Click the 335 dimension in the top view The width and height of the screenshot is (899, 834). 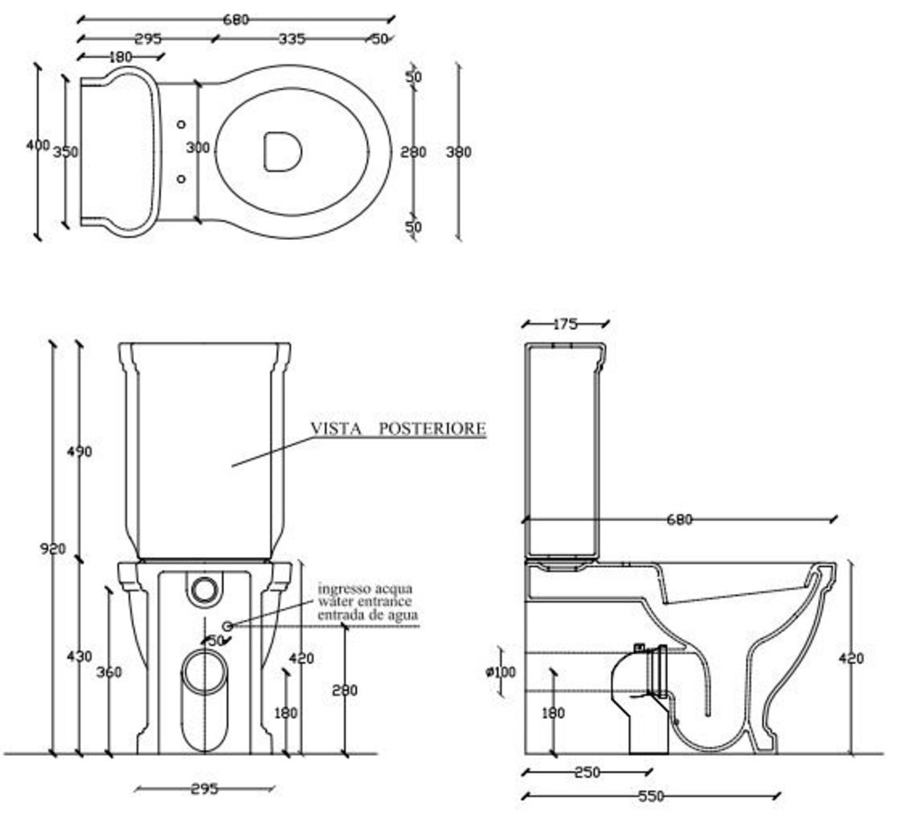tap(292, 39)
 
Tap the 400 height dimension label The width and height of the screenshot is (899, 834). tap(38, 146)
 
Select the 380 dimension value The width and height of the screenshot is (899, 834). tap(458, 152)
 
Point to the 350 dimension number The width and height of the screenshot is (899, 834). tap(66, 152)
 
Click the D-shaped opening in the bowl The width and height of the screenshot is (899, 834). tap(282, 150)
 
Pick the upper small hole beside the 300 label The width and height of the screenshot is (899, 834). tap(182, 123)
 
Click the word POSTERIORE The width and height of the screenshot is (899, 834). tap(432, 429)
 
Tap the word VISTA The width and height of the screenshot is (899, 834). tap(336, 429)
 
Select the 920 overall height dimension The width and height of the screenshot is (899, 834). tap(53, 548)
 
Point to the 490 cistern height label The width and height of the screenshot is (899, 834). tap(79, 451)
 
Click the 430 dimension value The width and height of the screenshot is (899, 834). tap(79, 657)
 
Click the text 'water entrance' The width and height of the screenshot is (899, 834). tap(364, 601)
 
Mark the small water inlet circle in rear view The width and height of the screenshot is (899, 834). tap(227, 625)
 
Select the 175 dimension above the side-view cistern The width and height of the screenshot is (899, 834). tap(564, 324)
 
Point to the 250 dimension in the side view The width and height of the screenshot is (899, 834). tap(586, 772)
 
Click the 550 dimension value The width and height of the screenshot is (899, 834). tap(650, 795)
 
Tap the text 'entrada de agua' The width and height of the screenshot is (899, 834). tap(367, 615)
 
